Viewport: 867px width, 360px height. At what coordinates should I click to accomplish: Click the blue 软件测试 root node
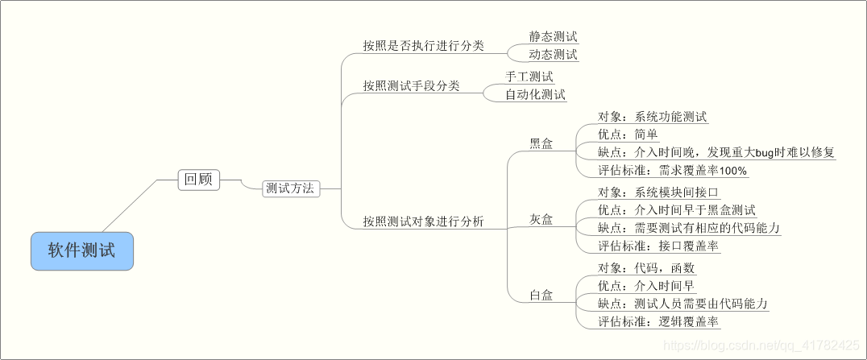point(81,250)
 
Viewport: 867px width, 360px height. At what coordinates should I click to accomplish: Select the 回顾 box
point(198,180)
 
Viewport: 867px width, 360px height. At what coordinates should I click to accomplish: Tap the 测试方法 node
point(291,188)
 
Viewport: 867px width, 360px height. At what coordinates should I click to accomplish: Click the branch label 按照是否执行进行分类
point(423,46)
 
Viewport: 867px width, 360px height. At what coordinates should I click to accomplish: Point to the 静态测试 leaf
point(553,37)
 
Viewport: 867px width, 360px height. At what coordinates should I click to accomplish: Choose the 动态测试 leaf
point(553,55)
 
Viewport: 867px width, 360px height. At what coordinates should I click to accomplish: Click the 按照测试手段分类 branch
point(411,85)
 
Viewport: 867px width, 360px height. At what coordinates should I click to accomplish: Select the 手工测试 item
point(529,77)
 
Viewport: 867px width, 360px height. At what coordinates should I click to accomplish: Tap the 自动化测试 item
point(535,95)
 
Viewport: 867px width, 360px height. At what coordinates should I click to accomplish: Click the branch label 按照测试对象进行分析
point(423,221)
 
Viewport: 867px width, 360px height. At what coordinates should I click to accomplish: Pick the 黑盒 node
point(541,143)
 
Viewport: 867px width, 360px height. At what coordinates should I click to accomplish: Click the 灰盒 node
point(541,219)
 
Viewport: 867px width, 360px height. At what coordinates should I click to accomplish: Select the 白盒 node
point(541,295)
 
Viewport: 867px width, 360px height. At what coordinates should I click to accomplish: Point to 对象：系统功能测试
point(652,116)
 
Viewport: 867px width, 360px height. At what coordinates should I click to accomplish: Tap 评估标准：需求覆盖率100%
point(672,170)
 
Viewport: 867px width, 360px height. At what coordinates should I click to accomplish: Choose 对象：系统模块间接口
point(658,192)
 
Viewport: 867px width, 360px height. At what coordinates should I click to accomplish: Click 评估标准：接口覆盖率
point(658,246)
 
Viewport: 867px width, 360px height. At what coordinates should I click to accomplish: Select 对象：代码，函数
point(646,268)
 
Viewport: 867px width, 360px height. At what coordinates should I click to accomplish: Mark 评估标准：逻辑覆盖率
point(658,322)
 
